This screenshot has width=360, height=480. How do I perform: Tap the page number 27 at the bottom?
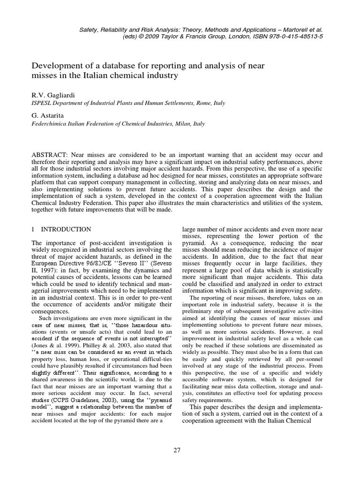tap(177, 450)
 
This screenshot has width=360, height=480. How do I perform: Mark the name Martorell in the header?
tap(294, 29)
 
